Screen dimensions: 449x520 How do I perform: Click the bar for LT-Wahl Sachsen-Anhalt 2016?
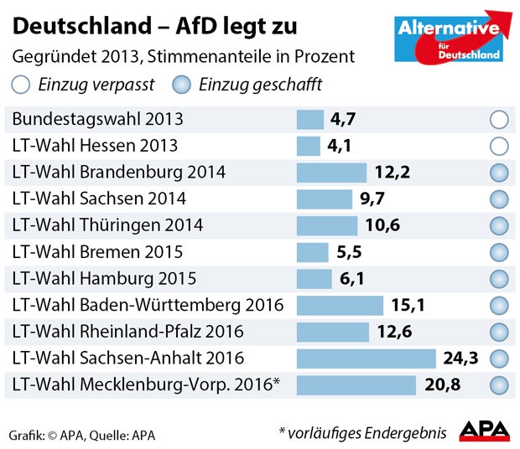point(367,359)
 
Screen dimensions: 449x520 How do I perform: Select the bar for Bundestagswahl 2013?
point(310,120)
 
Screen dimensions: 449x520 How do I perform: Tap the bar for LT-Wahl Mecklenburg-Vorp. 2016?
point(356,385)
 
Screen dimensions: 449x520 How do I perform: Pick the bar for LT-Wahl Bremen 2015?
point(313,252)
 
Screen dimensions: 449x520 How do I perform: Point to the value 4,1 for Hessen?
point(340,146)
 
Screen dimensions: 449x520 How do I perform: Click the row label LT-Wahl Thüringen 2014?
point(107,225)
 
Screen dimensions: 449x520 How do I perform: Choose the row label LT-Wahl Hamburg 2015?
point(104,279)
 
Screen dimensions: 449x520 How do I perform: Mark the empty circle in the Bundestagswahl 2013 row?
point(499,120)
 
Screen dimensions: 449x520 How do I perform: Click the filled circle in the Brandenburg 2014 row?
point(499,173)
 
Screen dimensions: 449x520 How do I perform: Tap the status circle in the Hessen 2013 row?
point(499,146)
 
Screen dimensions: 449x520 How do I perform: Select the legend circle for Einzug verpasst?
point(20,85)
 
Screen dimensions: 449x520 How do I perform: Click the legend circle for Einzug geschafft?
point(180,85)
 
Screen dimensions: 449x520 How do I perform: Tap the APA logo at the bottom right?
point(484,431)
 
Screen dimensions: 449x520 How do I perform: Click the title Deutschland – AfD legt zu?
point(154,27)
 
